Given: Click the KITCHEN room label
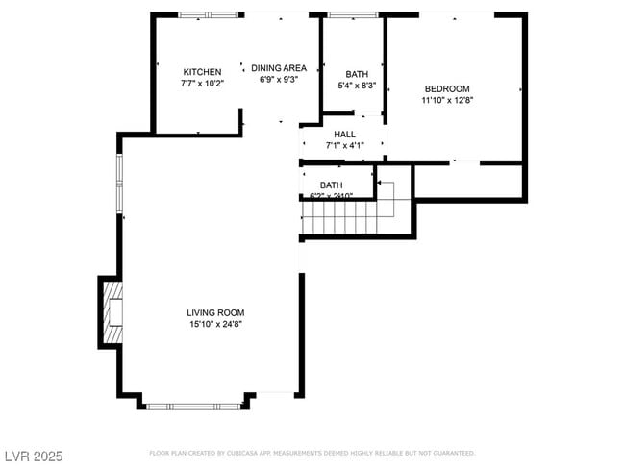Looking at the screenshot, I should coord(202,72).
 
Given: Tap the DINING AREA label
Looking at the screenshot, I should coord(279,68).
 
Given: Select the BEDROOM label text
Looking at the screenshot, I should coord(447,88).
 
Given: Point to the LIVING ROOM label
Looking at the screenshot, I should coord(215,312).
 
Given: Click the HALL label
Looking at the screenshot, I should coord(345,135).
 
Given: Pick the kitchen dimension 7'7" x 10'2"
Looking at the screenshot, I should coord(202,84).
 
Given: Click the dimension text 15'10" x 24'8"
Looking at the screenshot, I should coord(215,325).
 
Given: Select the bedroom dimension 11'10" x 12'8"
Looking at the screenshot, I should coord(447,100).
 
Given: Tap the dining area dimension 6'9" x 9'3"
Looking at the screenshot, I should coord(279,80).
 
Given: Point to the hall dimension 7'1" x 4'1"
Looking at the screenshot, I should coord(345,146).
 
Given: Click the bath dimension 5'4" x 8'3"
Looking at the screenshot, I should coord(357,86).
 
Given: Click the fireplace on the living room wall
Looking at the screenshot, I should coord(111,311).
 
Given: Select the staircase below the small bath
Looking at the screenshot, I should coord(342,217).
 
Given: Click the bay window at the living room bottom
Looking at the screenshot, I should coord(192,406).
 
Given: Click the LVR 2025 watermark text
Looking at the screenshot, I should coord(33,454).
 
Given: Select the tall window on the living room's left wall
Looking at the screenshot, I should coord(120,183).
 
